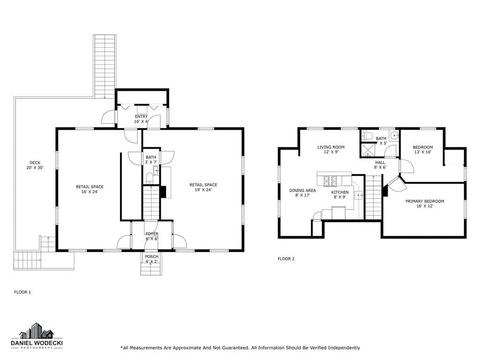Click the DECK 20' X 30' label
click(x=35, y=165)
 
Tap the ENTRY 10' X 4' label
click(x=141, y=119)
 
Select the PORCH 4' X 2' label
click(x=151, y=259)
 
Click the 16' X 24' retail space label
click(x=90, y=189)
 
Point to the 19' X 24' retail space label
click(x=203, y=187)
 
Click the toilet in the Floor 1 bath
click(x=150, y=178)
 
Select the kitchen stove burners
click(x=330, y=181)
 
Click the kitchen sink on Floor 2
click(x=359, y=195)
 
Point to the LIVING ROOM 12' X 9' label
click(x=331, y=150)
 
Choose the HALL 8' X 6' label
click(x=380, y=165)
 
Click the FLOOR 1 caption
click(x=22, y=292)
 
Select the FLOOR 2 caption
click(x=286, y=259)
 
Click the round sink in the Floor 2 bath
click(x=394, y=135)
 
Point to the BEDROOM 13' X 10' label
click(x=423, y=150)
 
